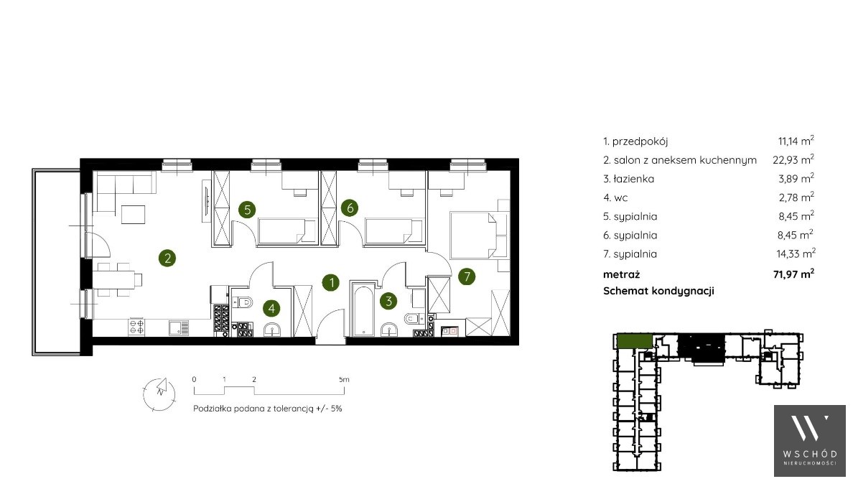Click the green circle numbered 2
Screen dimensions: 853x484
(x=167, y=258)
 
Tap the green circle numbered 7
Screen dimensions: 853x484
(x=467, y=276)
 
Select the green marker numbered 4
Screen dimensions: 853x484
(x=271, y=309)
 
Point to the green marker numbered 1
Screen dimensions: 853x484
(x=331, y=282)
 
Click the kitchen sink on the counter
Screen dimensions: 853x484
(x=179, y=327)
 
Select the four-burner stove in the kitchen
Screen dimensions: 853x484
(x=136, y=327)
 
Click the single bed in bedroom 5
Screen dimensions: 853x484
(x=286, y=231)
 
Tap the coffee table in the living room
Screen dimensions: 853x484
(x=134, y=214)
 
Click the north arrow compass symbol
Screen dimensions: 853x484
(x=159, y=394)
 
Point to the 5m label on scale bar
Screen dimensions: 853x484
(x=344, y=380)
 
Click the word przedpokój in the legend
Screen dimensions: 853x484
(x=640, y=141)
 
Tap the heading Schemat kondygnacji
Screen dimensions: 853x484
(x=659, y=291)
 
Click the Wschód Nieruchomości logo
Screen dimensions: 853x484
(x=809, y=440)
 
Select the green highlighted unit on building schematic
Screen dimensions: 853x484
(x=634, y=342)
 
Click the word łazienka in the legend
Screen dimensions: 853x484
(x=634, y=179)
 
